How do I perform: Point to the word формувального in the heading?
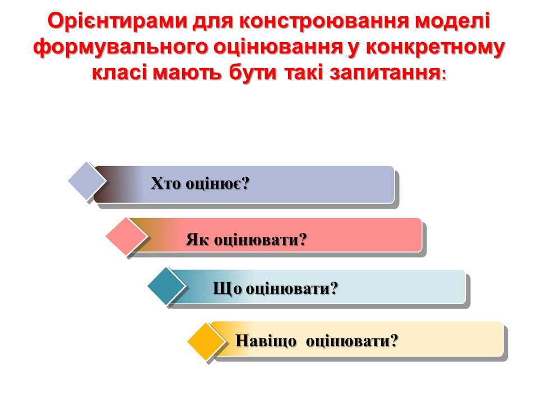pos(120,48)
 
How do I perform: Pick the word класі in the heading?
pos(119,72)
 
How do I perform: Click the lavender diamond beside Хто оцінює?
pos(87,181)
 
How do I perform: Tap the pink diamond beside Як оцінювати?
pos(126,236)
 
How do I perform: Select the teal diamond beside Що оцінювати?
pos(167,286)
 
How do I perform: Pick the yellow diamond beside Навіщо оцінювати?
pos(207,341)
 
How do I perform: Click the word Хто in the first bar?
pos(165,183)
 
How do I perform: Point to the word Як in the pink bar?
pos(197,239)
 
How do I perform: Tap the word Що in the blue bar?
pos(227,288)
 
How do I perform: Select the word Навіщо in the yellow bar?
pos(266,341)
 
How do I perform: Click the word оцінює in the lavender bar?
pos(214,184)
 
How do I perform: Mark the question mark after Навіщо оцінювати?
pos(394,341)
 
